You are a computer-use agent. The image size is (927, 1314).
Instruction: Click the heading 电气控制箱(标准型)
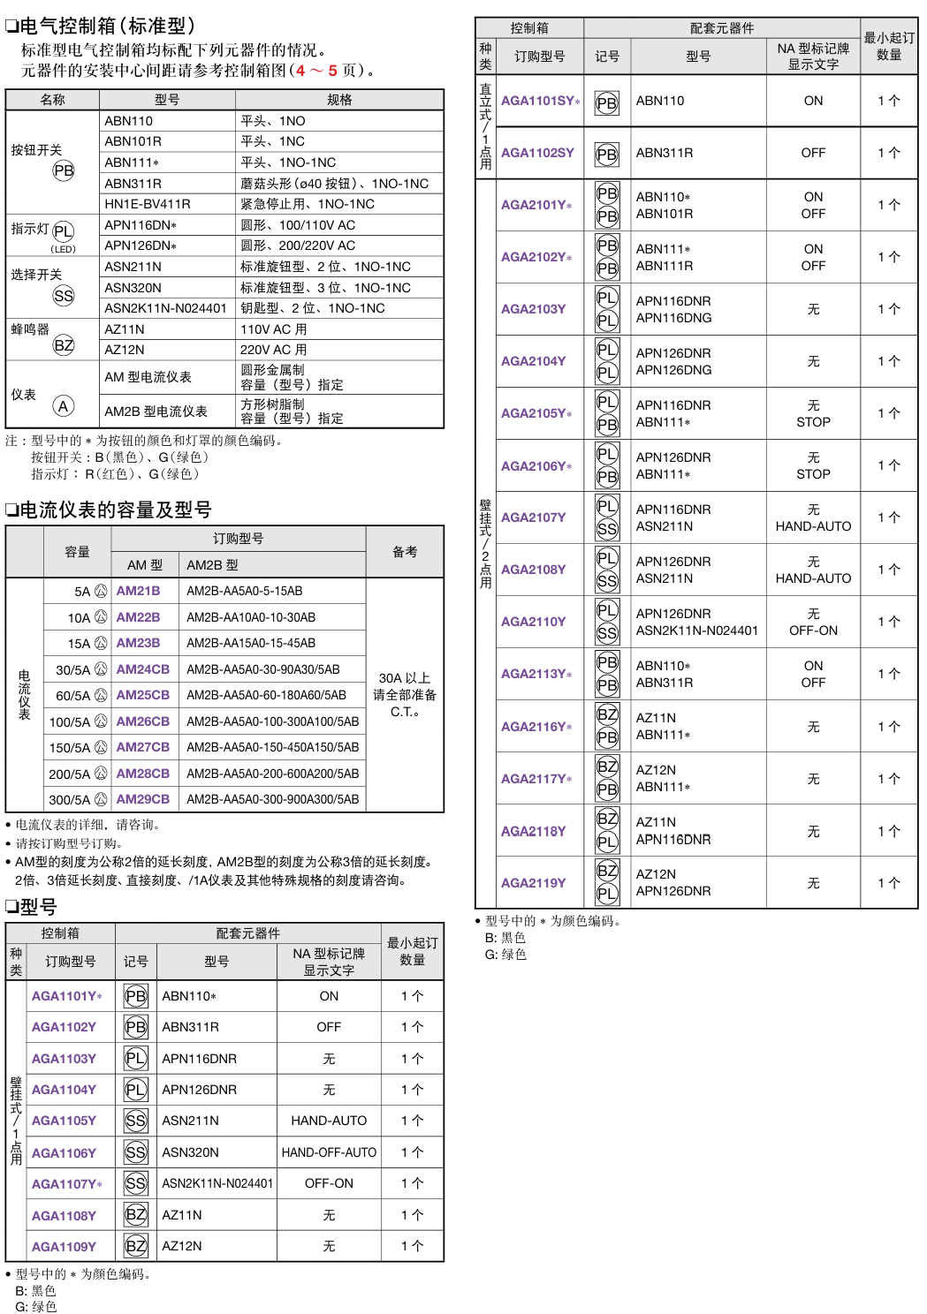[106, 26]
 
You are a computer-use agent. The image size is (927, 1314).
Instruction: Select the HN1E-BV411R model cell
[148, 204]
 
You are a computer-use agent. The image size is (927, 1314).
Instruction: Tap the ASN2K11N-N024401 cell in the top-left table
[165, 308]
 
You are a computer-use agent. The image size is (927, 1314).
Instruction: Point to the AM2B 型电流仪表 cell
[156, 411]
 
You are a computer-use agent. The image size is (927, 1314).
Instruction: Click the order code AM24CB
[142, 669]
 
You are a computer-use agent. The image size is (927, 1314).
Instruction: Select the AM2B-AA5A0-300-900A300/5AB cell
[272, 799]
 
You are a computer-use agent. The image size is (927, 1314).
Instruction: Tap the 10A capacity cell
[80, 617]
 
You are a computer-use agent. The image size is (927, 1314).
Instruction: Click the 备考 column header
[405, 552]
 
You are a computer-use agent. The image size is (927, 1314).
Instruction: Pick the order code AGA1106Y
[64, 1152]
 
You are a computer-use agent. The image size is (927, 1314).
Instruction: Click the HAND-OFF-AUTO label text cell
[329, 1152]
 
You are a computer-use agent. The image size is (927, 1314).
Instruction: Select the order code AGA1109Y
[64, 1246]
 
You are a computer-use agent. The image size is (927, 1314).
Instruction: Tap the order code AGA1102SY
[537, 153]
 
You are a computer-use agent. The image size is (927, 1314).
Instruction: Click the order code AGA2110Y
[533, 622]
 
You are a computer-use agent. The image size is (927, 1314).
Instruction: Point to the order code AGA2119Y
[533, 882]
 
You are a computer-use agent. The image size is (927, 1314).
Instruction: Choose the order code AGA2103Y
[533, 309]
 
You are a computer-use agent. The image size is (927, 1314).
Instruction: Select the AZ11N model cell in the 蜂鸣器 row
[125, 329]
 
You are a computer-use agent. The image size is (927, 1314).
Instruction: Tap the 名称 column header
[52, 100]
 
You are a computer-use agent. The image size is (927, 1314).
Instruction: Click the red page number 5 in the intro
[332, 70]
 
